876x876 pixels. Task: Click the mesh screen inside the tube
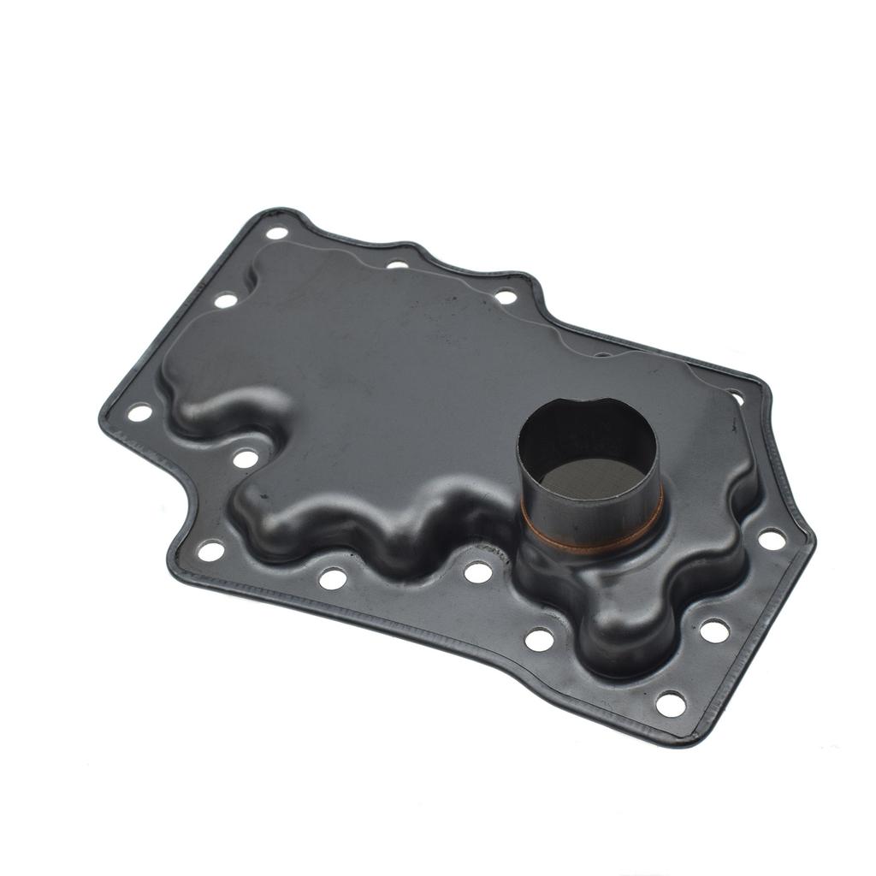click(x=591, y=482)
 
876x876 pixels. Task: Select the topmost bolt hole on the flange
click(x=276, y=233)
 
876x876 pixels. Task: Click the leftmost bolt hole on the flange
click(x=139, y=412)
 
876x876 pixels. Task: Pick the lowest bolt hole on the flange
click(x=670, y=704)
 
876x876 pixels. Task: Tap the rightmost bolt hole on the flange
click(x=772, y=539)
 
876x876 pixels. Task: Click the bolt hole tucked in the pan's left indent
click(x=246, y=459)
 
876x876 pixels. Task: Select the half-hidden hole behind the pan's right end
click(x=736, y=396)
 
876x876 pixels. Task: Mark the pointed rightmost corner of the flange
click(x=811, y=539)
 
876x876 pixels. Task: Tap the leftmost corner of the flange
click(x=103, y=417)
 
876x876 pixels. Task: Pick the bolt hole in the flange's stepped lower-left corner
click(x=210, y=550)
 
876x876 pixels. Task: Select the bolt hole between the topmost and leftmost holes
click(x=226, y=300)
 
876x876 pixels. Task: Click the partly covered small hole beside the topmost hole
click(x=397, y=264)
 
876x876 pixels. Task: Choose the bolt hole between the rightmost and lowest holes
click(x=714, y=631)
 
